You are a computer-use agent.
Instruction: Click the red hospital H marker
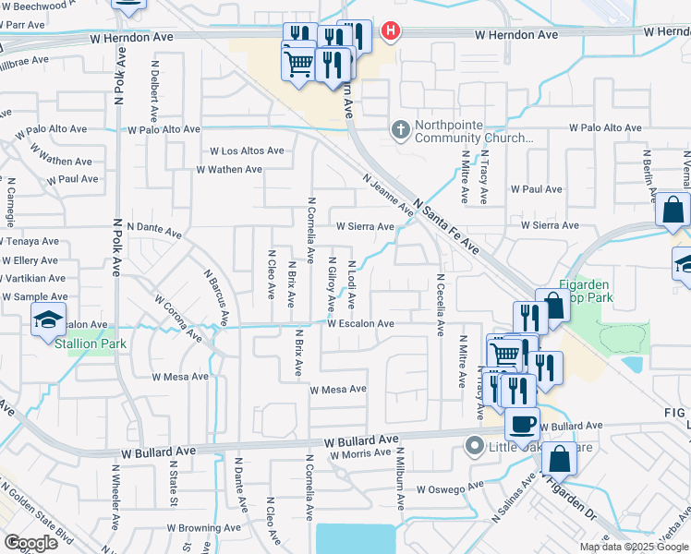pos(391,31)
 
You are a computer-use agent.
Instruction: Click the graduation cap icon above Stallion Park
pos(48,320)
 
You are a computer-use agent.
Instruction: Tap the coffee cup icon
pos(522,424)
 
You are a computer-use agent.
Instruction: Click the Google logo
pos(30,543)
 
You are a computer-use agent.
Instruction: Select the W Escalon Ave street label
pos(360,324)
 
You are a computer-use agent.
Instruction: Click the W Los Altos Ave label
pos(246,151)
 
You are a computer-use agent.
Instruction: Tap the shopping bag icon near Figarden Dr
pos(560,458)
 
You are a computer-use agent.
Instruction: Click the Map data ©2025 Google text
pos(633,547)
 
